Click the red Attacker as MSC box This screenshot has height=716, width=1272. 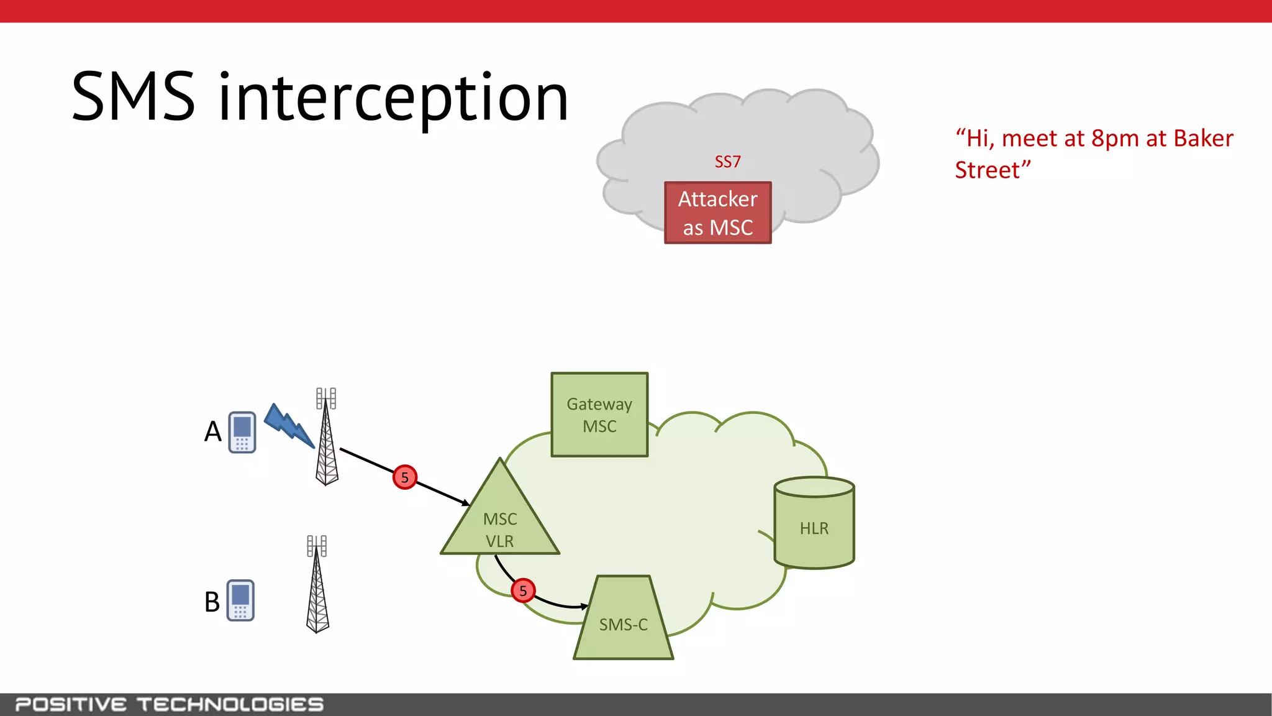pos(717,213)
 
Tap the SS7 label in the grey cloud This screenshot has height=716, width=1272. pos(727,162)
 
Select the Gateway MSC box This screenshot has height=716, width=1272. pos(599,415)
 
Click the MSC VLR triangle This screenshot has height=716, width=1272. pos(500,522)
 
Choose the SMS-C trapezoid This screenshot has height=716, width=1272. pos(623,622)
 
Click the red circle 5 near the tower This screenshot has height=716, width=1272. pos(405,477)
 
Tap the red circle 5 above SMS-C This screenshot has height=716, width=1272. pos(523,590)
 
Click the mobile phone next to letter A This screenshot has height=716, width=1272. pos(242,432)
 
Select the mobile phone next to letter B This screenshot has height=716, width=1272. pos(240,600)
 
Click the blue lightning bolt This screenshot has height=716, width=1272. pos(289,426)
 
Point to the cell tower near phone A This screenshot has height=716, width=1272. pos(327,438)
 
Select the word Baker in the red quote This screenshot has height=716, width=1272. pos(1203,138)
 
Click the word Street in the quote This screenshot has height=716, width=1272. pos(988,170)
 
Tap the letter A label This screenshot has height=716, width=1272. pos(213,431)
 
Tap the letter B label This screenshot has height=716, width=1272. pos(212,602)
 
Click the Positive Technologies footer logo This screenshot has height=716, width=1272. pos(169,704)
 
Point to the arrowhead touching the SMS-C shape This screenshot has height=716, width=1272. pos(584,607)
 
